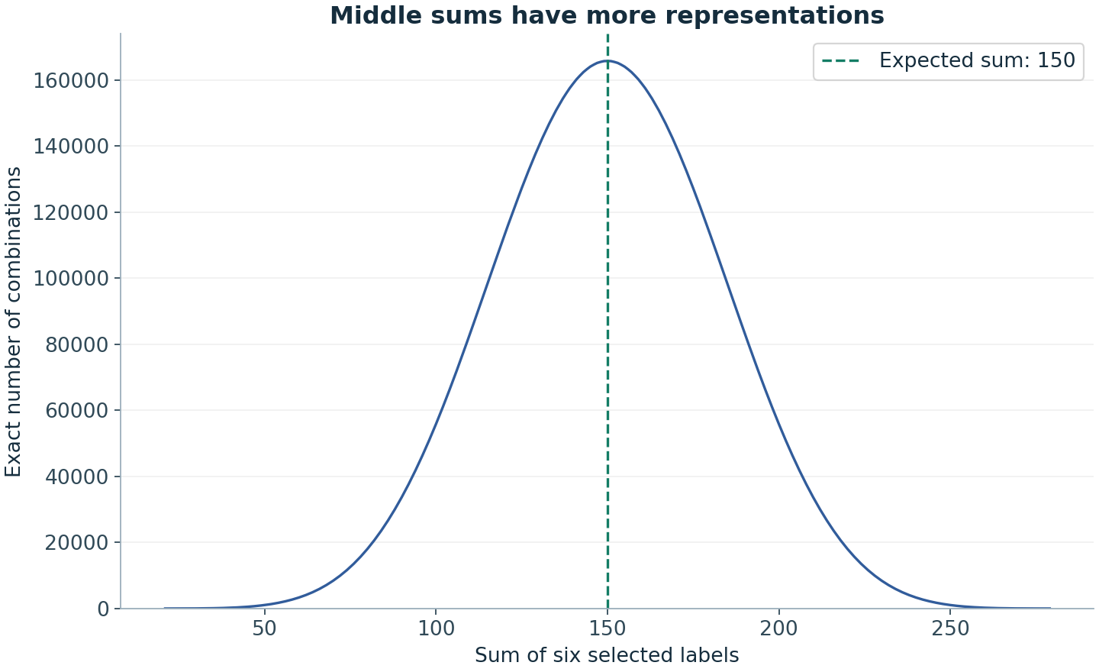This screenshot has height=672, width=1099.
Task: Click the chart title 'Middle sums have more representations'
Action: click(607, 16)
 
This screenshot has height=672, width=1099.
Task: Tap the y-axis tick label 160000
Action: click(71, 80)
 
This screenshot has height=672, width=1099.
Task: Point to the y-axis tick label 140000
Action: click(71, 147)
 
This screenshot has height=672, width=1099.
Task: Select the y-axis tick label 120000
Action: click(71, 212)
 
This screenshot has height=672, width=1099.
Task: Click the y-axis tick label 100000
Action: click(71, 278)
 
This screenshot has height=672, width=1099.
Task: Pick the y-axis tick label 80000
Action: click(76, 344)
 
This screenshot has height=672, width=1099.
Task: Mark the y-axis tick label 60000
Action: click(76, 410)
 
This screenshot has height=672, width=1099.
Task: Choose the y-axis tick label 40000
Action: click(76, 477)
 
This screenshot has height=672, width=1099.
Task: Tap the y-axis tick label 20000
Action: click(76, 542)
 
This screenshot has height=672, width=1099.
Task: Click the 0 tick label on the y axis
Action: click(103, 609)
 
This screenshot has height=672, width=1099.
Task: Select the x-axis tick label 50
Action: click(264, 628)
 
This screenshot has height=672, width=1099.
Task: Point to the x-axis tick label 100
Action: click(436, 628)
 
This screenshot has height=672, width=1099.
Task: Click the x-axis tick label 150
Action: click(608, 628)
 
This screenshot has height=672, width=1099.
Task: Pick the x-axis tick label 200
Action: click(778, 628)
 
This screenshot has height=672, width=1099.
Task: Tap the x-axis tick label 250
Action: click(950, 628)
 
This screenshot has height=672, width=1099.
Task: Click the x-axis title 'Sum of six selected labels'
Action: click(607, 655)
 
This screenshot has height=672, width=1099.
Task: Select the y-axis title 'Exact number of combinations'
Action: click(13, 321)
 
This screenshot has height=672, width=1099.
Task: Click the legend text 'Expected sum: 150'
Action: click(977, 60)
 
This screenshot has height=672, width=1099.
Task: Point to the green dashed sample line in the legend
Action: click(840, 61)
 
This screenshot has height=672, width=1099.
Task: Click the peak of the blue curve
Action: click(608, 61)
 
